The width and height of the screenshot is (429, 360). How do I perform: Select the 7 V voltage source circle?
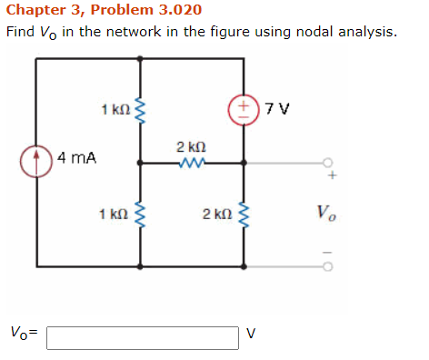point(243,112)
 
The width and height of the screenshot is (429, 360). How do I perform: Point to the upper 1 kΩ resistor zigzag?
point(139,111)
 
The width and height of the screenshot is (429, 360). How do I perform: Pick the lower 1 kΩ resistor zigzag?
point(139,215)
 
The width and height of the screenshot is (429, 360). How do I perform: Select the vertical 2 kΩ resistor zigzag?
point(243,215)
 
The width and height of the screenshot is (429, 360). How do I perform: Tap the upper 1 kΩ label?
point(115,111)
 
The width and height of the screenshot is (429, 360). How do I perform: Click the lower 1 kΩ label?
point(114,215)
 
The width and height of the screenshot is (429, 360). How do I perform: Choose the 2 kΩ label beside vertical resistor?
point(218,215)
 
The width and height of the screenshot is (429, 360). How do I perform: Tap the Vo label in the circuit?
point(328,215)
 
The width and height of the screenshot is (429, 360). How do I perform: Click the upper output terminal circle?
point(328,164)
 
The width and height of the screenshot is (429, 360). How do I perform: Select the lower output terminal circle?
point(328,267)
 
